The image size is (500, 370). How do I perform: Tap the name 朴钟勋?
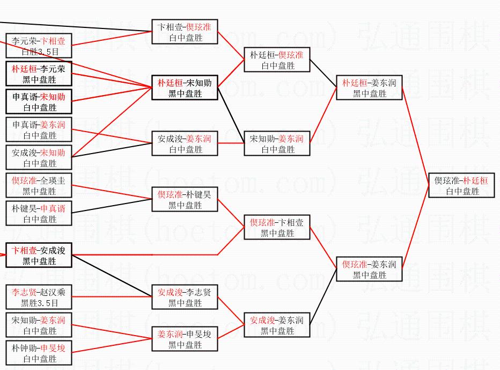pyautogui.click(x=24, y=348)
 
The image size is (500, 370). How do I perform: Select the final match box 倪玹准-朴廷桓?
pyautogui.click(x=461, y=185)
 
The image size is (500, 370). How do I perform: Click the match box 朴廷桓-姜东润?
pyautogui.click(x=369, y=88)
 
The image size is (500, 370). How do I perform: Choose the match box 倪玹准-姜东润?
pyautogui.click(x=369, y=269)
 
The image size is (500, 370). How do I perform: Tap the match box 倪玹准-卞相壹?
pyautogui.click(x=277, y=227)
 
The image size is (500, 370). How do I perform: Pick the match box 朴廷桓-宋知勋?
pyautogui.click(x=185, y=88)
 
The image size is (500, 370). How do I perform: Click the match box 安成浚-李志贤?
pyautogui.click(x=185, y=297)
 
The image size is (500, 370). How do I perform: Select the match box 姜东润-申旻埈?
pyautogui.click(x=185, y=339)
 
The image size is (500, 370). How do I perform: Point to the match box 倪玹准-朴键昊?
pyautogui.click(x=185, y=199)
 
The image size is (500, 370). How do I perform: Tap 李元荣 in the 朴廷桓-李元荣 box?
pyautogui.click(x=53, y=69)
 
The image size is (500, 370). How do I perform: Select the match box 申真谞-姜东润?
pyautogui.click(x=39, y=129)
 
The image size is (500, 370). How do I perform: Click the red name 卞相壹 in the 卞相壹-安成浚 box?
pyautogui.click(x=24, y=250)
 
